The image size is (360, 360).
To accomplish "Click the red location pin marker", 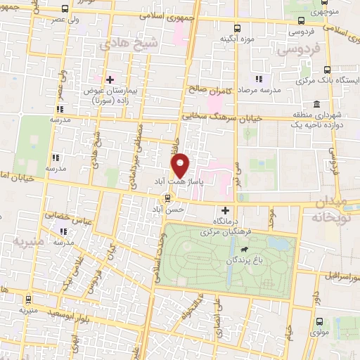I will (181, 165).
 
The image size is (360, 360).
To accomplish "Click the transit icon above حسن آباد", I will (167, 198).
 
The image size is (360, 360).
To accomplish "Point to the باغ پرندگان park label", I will (248, 260).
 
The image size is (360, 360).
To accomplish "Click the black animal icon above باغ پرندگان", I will (243, 249).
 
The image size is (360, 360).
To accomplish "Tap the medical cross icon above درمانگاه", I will (225, 210).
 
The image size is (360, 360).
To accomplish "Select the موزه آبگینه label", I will (236, 39).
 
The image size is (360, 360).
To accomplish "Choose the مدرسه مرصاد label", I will (259, 91).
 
